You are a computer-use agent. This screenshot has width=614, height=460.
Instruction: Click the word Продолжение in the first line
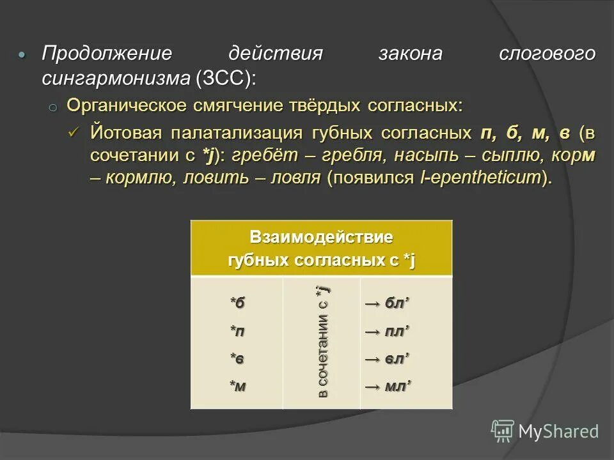[107, 54]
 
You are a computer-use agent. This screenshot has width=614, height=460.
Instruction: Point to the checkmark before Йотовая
[74, 132]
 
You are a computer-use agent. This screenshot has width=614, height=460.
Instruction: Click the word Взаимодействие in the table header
[321, 238]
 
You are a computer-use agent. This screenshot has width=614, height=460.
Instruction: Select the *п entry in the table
[237, 332]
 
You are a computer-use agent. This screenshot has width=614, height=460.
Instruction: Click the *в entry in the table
[237, 359]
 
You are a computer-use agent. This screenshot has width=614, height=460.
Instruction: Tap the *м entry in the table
[237, 387]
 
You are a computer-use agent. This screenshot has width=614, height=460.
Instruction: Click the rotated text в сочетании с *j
[323, 342]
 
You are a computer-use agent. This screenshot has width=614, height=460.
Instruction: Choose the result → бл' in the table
[387, 303]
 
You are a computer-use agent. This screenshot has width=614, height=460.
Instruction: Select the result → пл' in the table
[387, 332]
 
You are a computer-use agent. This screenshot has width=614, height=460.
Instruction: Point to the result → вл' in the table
[387, 359]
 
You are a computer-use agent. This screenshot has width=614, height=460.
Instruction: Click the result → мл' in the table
[387, 387]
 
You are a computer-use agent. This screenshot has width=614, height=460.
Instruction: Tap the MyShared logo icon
[502, 431]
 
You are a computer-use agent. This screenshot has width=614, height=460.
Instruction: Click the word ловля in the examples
[292, 178]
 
